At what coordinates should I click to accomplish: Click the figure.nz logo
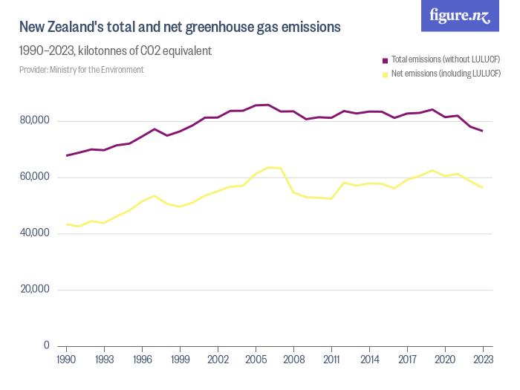pyautogui.click(x=460, y=16)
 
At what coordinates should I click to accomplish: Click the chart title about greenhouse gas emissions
pyautogui.click(x=180, y=27)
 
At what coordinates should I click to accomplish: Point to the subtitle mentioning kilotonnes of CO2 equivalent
pyautogui.click(x=116, y=51)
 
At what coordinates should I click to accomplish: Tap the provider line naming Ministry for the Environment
pyautogui.click(x=82, y=70)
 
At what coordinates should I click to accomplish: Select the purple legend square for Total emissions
pyautogui.click(x=385, y=59)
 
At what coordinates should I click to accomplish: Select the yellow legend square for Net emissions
pyautogui.click(x=385, y=74)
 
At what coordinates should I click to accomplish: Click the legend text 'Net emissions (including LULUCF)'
pyautogui.click(x=446, y=74)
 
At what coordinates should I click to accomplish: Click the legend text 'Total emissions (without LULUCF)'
pyautogui.click(x=445, y=59)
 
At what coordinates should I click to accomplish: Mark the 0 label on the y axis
pyautogui.click(x=46, y=345)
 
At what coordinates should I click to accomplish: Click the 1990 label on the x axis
pyautogui.click(x=67, y=359)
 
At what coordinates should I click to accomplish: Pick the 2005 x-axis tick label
pyautogui.click(x=256, y=359)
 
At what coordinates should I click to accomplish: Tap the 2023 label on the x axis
pyautogui.click(x=483, y=359)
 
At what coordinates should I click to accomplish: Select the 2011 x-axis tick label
pyautogui.click(x=331, y=359)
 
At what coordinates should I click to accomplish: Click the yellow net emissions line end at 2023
pyautogui.click(x=483, y=187)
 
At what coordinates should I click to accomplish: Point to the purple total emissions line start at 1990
pyautogui.click(x=67, y=155)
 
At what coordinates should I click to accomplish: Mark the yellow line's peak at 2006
pyautogui.click(x=268, y=167)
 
